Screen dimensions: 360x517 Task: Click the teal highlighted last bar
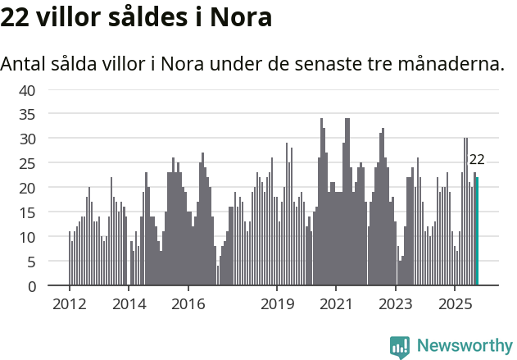(x=477, y=232)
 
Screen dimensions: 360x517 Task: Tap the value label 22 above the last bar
(x=477, y=160)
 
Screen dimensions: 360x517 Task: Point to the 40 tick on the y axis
(x=27, y=90)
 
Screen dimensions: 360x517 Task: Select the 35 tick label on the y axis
(x=27, y=115)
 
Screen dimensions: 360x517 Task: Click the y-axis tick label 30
(x=27, y=139)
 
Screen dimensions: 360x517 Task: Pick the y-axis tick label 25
(x=27, y=164)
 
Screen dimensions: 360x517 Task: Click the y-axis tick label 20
(x=27, y=188)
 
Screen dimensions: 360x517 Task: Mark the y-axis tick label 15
(x=27, y=212)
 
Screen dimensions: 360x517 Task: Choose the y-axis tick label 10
(x=27, y=237)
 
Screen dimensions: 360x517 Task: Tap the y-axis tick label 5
(x=31, y=262)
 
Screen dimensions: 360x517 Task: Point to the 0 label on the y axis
(x=31, y=286)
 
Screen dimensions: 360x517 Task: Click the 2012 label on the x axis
(x=69, y=304)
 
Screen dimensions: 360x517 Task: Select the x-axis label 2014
(x=129, y=304)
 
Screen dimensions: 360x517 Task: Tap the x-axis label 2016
(x=188, y=304)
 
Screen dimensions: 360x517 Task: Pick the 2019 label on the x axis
(x=277, y=304)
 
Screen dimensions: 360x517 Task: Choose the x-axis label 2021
(x=336, y=304)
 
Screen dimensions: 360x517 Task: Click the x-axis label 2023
(x=396, y=304)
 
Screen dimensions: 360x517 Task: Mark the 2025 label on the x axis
(x=455, y=304)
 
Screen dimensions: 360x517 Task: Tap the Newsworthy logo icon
(x=400, y=347)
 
